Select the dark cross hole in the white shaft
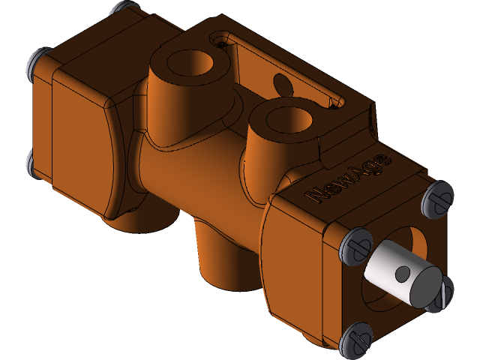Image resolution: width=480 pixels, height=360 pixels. tap(402, 273)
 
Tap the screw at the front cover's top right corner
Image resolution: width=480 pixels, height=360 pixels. tap(436, 196)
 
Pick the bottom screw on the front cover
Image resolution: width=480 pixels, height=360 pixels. tap(355, 339)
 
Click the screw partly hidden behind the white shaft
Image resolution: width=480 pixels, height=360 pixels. tap(444, 292)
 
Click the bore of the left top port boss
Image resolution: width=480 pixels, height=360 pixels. tap(192, 64)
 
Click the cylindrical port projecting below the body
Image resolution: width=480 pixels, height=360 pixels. tap(217, 255)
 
